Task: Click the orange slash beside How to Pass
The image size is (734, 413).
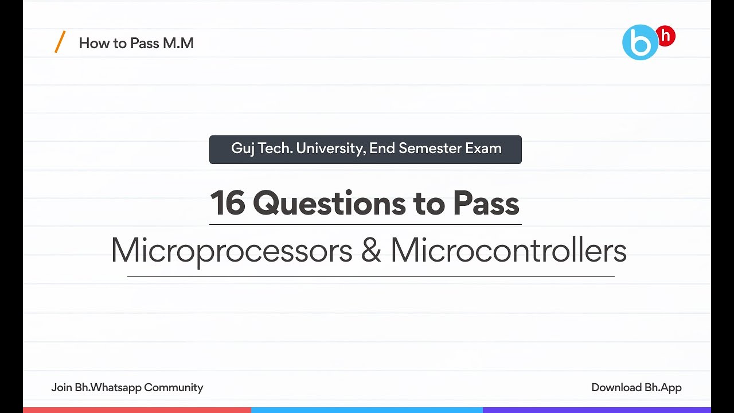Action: point(60,42)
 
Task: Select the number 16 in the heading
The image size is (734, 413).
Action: point(228,203)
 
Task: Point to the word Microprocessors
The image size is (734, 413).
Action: point(231,251)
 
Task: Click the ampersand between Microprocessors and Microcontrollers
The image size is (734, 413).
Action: point(371,251)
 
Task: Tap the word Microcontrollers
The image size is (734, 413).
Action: point(508,251)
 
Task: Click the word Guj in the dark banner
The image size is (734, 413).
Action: point(243,149)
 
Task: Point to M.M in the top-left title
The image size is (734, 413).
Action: point(178,43)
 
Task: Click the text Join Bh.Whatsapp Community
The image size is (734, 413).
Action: point(127,388)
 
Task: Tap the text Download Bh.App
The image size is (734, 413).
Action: point(637,388)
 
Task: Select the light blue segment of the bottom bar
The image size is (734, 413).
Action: point(367,410)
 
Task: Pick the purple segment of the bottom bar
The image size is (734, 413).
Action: point(596,410)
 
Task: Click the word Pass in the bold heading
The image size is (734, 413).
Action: point(486,203)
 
